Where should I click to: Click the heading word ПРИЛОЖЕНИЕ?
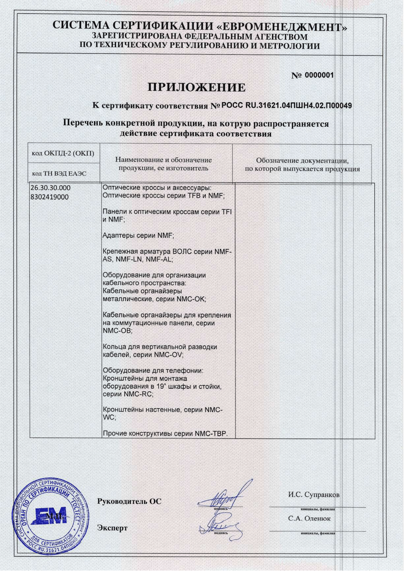pos(196,87)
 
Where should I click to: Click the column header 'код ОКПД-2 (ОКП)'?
pos(63,154)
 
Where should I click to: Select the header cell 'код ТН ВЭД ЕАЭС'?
pos(59,174)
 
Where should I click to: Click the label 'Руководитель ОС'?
pos(129,501)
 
